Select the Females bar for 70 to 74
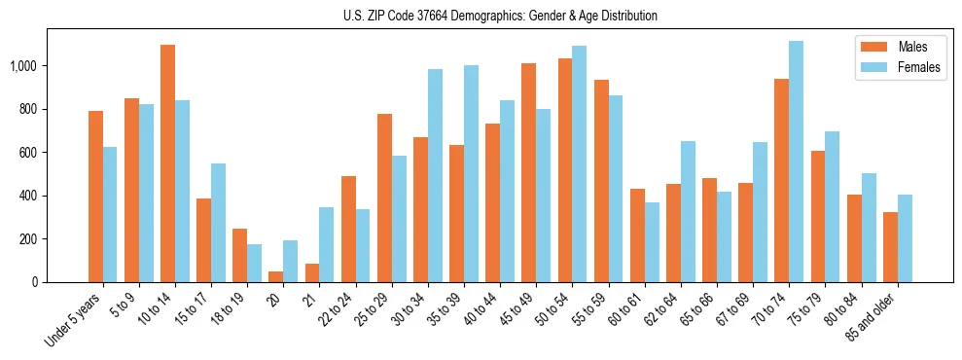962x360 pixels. click(x=797, y=162)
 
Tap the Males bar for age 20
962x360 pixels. click(x=276, y=276)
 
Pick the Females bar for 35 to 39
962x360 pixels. click(x=472, y=174)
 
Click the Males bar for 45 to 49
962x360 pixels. click(x=529, y=173)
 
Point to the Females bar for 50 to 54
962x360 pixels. click(x=580, y=164)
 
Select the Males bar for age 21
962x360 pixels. click(x=312, y=273)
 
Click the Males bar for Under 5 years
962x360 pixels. click(x=95, y=197)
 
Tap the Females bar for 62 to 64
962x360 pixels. click(x=689, y=212)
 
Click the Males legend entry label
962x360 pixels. click(x=912, y=47)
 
